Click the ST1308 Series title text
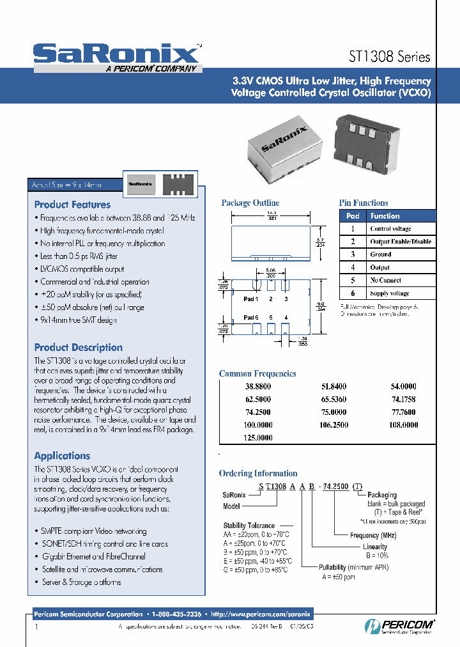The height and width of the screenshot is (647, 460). click(390, 56)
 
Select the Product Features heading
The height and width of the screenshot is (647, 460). click(72, 205)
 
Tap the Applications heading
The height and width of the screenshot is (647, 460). click(62, 456)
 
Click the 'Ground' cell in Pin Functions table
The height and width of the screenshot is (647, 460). click(380, 254)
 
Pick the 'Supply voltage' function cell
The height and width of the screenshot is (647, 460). click(390, 293)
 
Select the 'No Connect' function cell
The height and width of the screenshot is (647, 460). click(385, 280)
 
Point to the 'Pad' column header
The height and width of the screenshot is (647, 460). click(353, 216)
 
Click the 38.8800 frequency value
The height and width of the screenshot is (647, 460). click(258, 387)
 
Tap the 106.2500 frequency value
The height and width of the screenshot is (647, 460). click(330, 425)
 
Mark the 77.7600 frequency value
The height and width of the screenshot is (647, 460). click(403, 412)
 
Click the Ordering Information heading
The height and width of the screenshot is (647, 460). click(258, 474)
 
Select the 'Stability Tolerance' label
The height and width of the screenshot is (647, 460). click(249, 526)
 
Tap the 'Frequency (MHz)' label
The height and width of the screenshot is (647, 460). click(374, 534)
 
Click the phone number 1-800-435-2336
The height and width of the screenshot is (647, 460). click(176, 613)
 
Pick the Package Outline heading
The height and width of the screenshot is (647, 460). click(250, 203)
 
